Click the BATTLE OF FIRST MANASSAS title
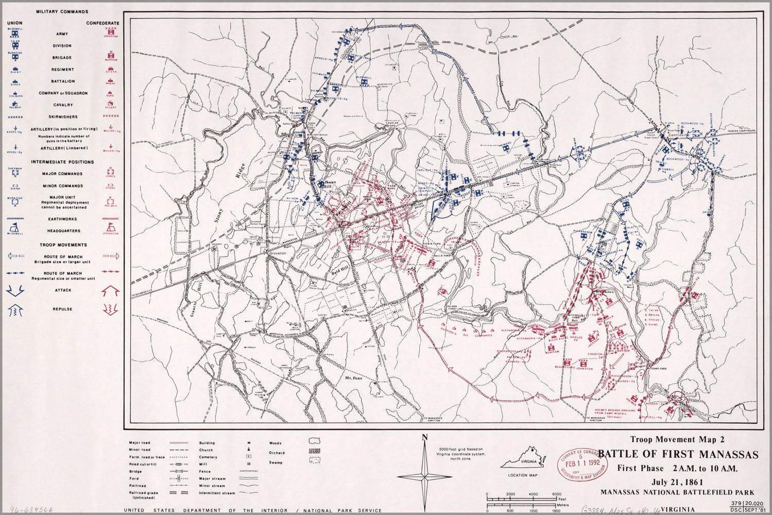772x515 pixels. tap(678, 455)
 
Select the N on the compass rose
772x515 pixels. tap(424, 438)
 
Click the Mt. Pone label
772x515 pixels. tap(354, 378)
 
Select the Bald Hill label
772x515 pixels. tap(341, 272)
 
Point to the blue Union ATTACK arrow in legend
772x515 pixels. tap(15, 290)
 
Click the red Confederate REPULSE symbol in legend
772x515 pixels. tap(111, 309)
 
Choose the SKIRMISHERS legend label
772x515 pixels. tap(63, 117)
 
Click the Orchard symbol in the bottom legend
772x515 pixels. tap(314, 451)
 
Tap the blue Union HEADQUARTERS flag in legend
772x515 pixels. tap(15, 228)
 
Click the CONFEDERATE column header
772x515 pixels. tap(102, 23)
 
